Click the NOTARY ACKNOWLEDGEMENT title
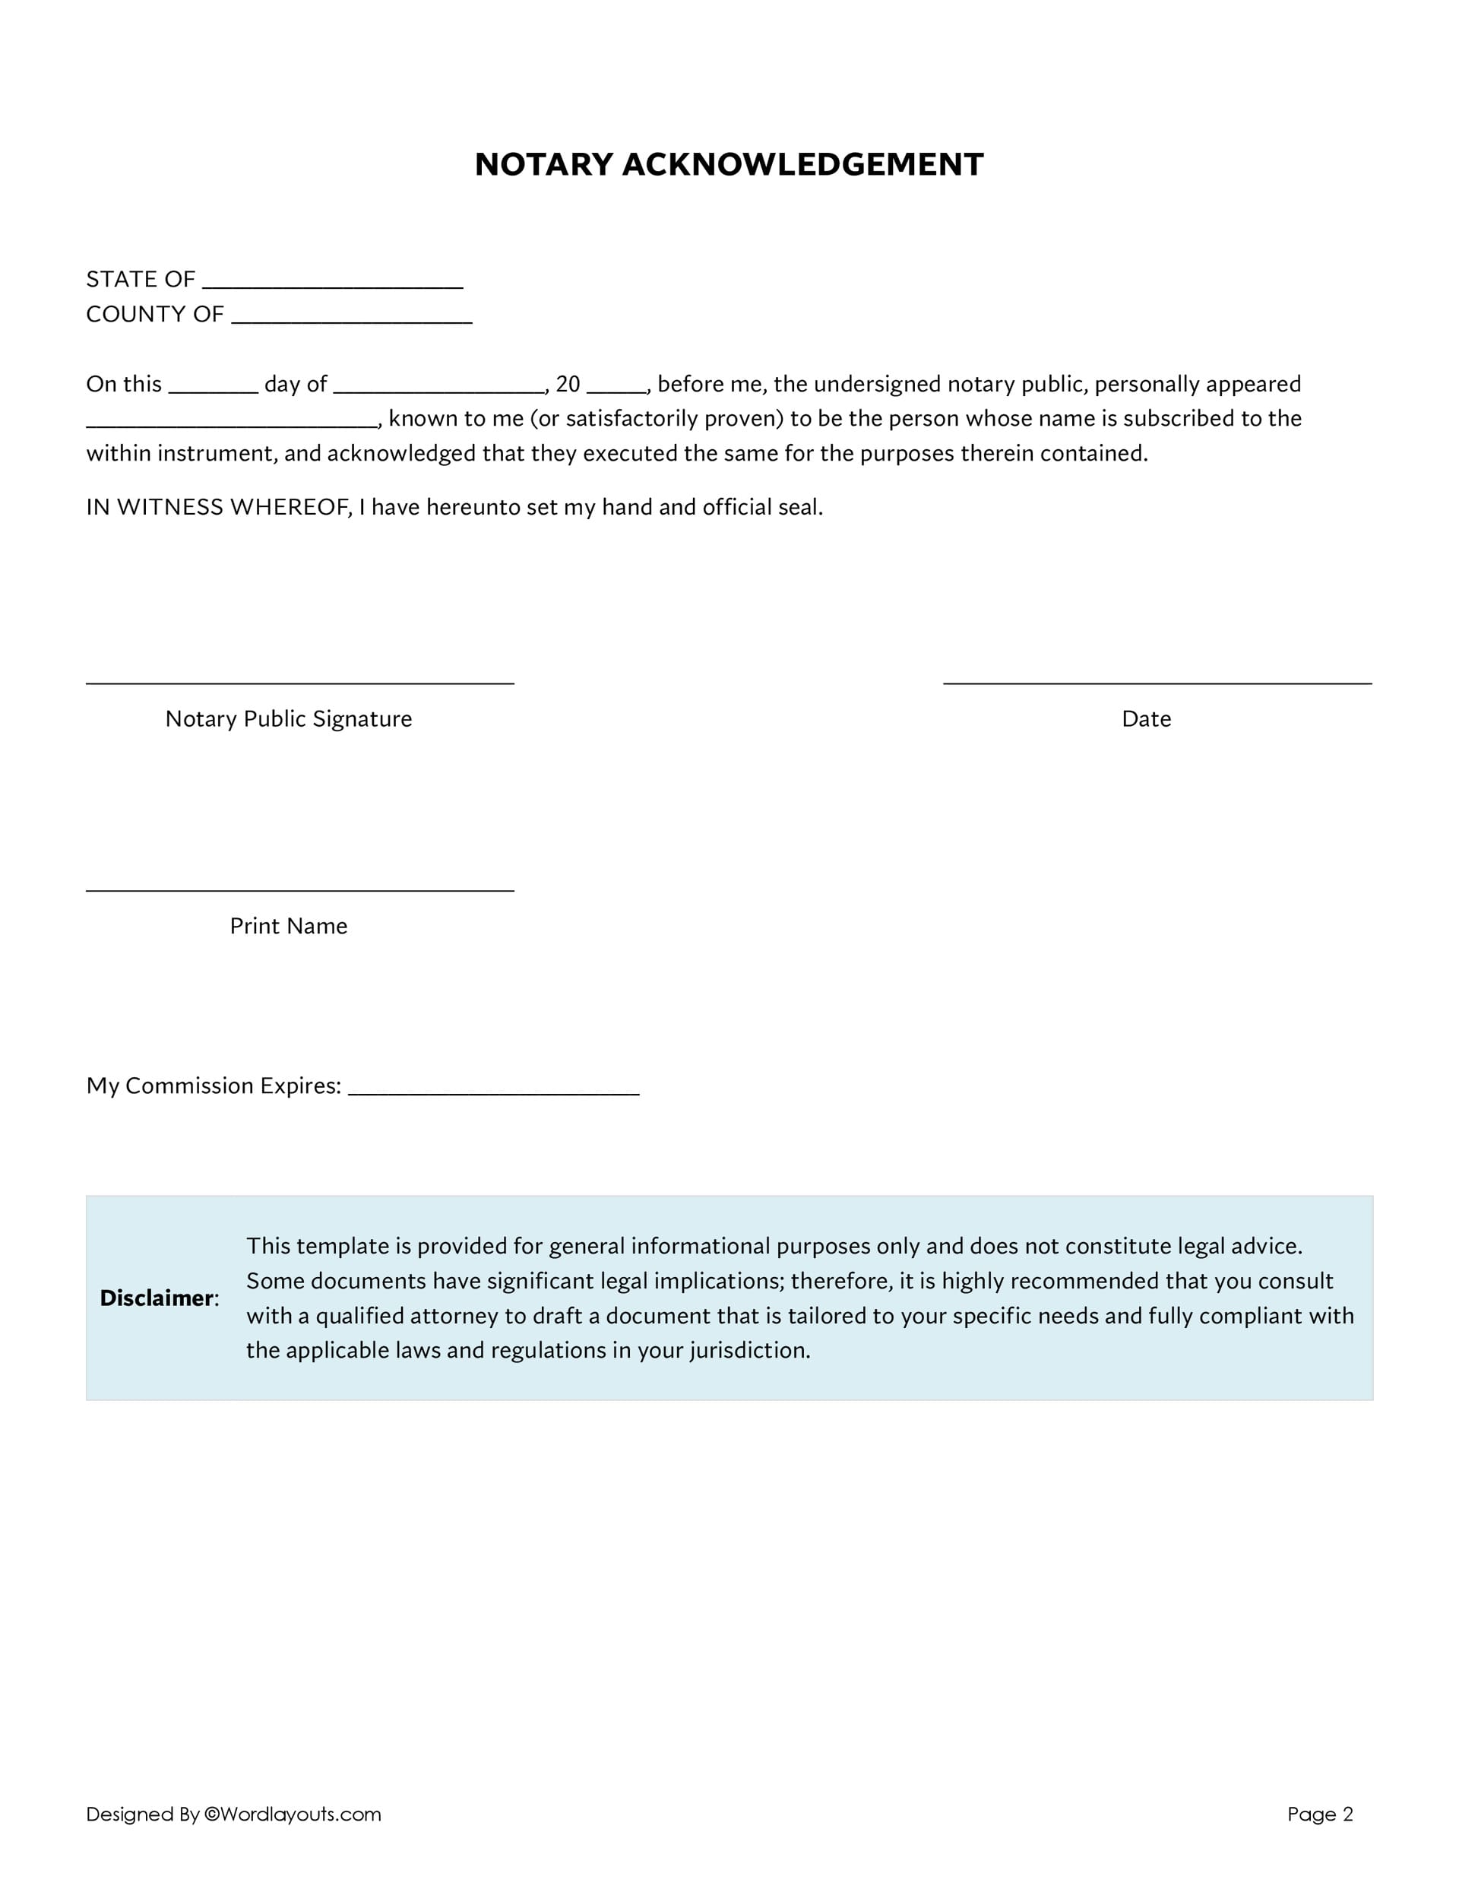click(729, 164)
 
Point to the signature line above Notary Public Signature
click(299, 683)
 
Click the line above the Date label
click(1157, 683)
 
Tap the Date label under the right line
click(1146, 719)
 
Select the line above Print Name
click(299, 889)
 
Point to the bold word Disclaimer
click(157, 1298)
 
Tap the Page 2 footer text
click(1320, 1814)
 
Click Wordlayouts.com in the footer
click(300, 1814)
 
